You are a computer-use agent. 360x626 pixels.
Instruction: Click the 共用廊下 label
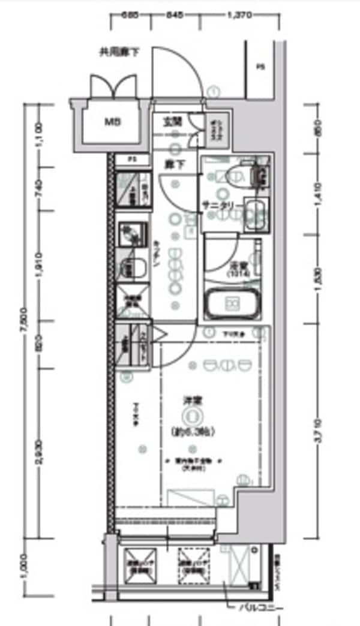pos(119,52)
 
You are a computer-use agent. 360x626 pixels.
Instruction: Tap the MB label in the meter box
pos(112,123)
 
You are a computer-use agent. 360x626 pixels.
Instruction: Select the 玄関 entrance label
pos(173,122)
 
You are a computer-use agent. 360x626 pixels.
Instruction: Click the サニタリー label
pos(221,206)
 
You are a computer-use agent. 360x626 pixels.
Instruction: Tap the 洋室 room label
pos(191,399)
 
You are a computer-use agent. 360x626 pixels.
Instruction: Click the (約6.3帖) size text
pos(192,431)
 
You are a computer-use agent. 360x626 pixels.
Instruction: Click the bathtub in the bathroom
pos(233,305)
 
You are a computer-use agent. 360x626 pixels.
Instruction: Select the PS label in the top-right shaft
pos(260,67)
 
